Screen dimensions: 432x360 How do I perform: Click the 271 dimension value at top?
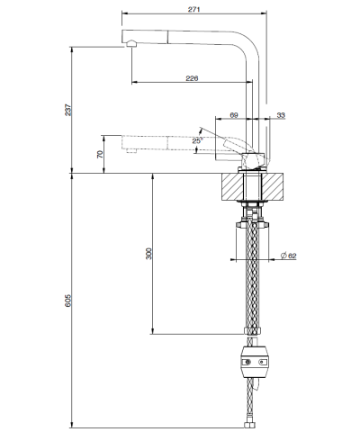[x=195, y=8]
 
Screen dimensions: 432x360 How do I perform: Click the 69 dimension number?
[x=234, y=114]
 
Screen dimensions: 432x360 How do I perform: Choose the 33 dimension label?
[x=282, y=114]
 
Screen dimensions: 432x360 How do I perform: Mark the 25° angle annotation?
[x=197, y=139]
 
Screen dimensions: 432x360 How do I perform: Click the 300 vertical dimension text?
[x=148, y=254]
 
